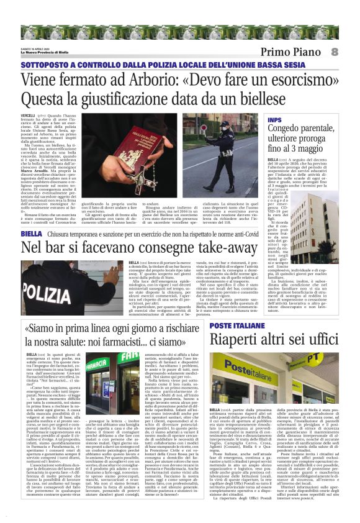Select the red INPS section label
coord(274,119)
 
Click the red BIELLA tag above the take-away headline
coord(31,234)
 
